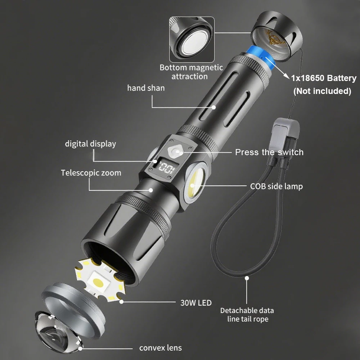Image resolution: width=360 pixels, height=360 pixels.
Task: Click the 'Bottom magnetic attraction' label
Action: (191, 72)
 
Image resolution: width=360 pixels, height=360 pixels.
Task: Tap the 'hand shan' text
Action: (146, 88)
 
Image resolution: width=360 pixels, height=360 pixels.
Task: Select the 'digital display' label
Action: (90, 144)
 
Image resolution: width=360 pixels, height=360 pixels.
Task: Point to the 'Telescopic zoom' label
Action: (91, 173)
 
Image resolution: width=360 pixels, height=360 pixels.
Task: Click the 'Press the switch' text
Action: (269, 152)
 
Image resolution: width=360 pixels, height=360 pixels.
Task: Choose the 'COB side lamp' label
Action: (276, 186)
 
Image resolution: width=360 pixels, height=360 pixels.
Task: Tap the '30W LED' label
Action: (196, 303)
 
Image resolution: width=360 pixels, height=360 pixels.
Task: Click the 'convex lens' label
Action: (161, 348)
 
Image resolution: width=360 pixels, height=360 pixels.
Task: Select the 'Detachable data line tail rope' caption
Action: (247, 315)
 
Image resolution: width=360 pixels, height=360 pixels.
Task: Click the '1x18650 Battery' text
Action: (324, 78)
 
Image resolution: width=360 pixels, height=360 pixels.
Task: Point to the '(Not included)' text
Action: (322, 91)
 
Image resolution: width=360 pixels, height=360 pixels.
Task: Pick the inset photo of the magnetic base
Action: (192, 40)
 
